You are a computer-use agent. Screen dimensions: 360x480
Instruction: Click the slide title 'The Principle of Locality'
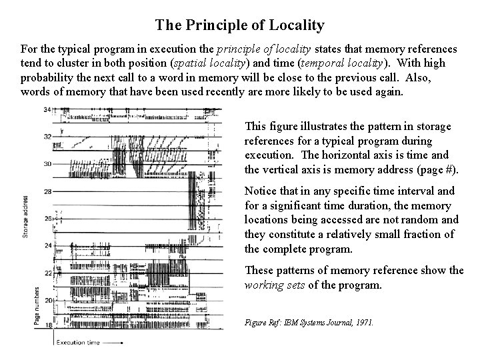pyautogui.click(x=239, y=26)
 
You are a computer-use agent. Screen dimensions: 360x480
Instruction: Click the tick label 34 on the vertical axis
pyautogui.click(x=47, y=109)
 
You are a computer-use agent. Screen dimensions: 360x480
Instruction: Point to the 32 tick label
pyautogui.click(x=47, y=136)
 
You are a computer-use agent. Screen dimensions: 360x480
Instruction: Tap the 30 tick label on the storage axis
pyautogui.click(x=47, y=163)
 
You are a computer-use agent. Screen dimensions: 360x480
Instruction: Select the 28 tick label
pyautogui.click(x=47, y=191)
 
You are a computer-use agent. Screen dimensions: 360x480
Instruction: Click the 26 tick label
pyautogui.click(x=47, y=219)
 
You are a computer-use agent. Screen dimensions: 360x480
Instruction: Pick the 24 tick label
pyautogui.click(x=47, y=246)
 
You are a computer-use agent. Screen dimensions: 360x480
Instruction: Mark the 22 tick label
pyautogui.click(x=47, y=273)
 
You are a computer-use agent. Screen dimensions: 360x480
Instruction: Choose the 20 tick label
pyautogui.click(x=47, y=301)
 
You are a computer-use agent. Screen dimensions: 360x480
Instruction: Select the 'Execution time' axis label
pyautogui.click(x=79, y=343)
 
